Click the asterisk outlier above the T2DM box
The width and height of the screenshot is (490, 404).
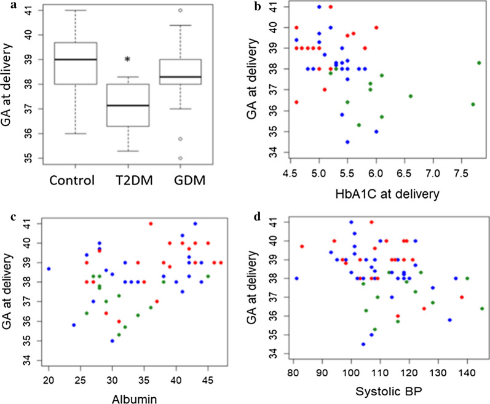[x=127, y=60]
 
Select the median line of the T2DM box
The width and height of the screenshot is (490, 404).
[x=127, y=105]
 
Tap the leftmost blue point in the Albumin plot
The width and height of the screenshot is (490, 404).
[x=49, y=269]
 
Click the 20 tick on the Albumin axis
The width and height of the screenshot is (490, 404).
[x=49, y=377]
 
